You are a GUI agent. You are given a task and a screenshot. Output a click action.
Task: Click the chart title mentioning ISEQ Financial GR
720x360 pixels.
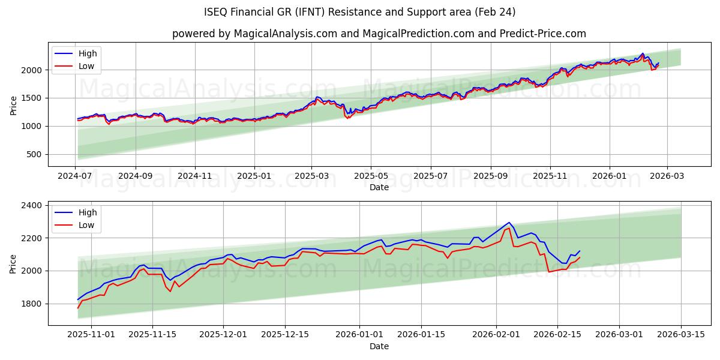(x=360, y=12)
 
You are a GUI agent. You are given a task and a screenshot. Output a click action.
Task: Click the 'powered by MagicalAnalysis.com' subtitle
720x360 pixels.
(x=379, y=34)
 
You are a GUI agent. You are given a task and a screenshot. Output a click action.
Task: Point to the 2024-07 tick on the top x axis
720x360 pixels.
(x=75, y=176)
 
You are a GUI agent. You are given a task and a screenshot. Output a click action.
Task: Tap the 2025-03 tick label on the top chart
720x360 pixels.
(x=311, y=176)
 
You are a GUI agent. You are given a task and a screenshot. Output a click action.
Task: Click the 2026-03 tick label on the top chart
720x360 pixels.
(x=666, y=176)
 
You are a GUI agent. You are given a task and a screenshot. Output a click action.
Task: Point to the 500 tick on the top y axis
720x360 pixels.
(x=34, y=154)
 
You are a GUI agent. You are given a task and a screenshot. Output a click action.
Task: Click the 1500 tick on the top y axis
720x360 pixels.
(x=31, y=98)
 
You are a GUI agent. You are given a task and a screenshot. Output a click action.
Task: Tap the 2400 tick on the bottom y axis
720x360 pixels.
(x=31, y=205)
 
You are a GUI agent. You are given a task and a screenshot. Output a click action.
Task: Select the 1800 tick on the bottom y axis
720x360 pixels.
(x=31, y=304)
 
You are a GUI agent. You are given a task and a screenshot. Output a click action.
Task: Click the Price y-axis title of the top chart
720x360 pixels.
(x=13, y=106)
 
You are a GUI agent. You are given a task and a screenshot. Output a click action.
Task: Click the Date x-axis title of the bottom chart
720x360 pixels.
(x=379, y=346)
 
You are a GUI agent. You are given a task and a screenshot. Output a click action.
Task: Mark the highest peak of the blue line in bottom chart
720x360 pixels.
(x=509, y=223)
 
